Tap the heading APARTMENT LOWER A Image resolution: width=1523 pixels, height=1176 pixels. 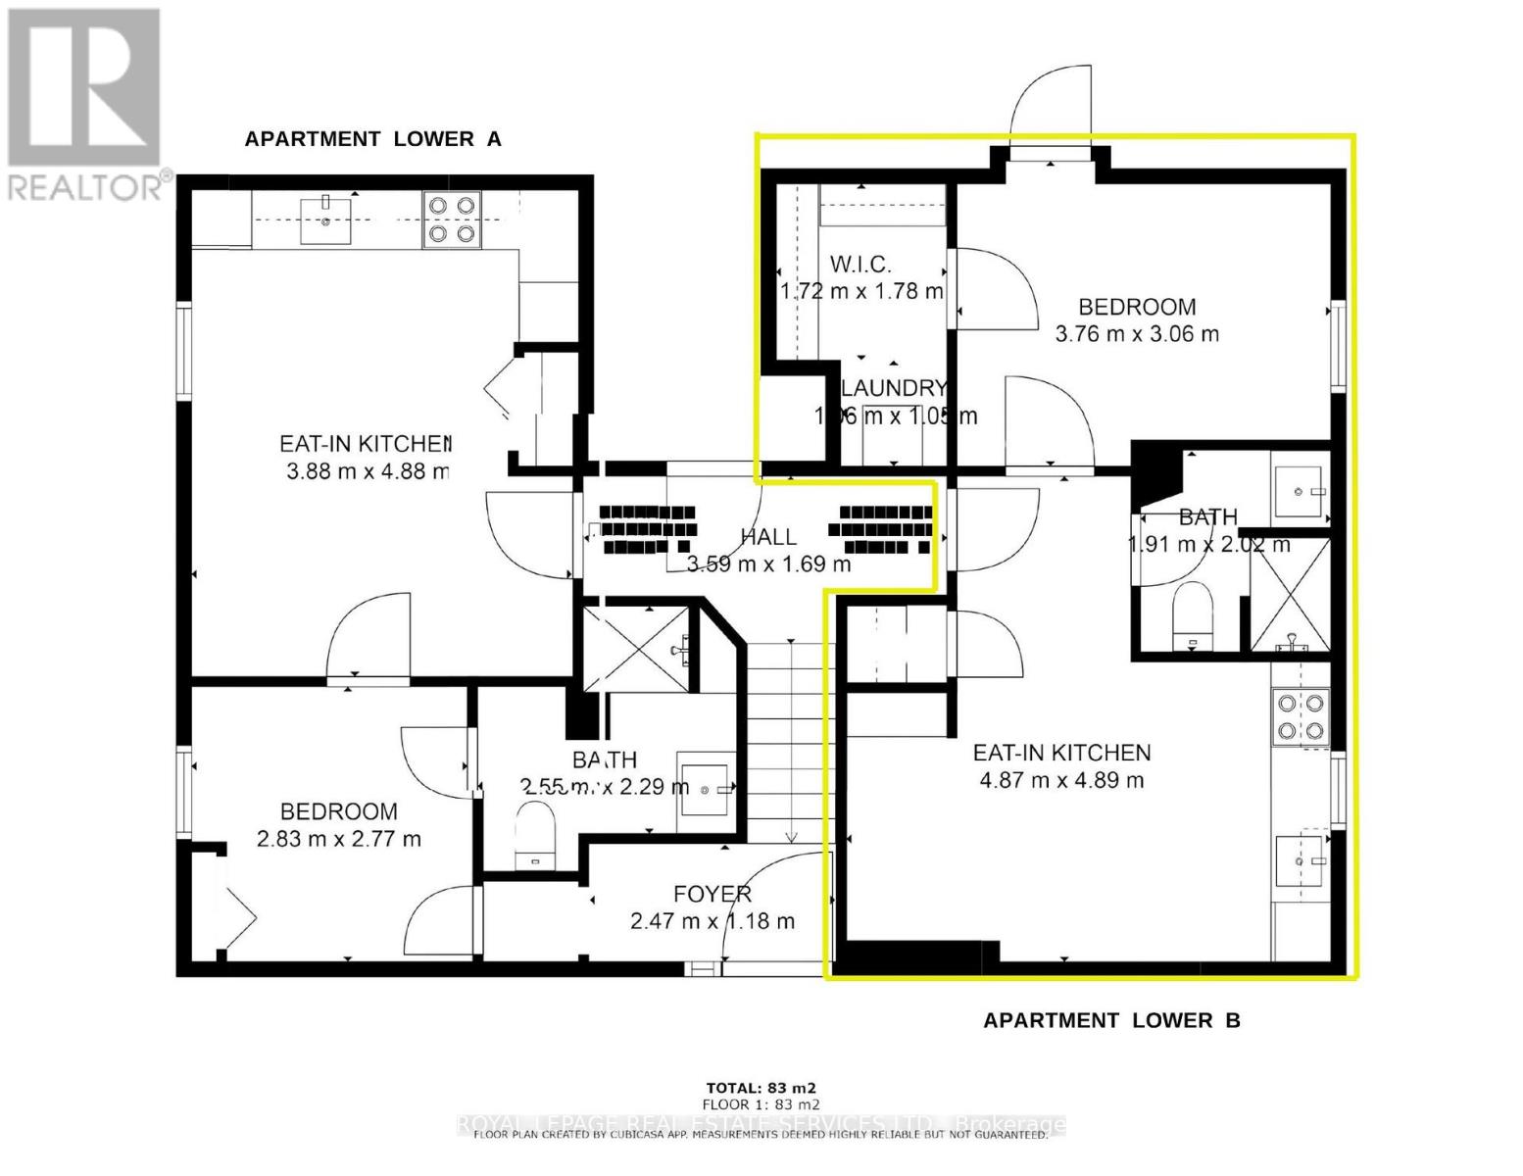(372, 139)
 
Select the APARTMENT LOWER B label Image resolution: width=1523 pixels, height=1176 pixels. (1111, 1021)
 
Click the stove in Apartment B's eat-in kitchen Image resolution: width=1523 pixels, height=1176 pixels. (1300, 717)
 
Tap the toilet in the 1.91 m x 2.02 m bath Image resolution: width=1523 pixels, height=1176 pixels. (1193, 615)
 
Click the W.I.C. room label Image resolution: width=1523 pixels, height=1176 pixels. (860, 264)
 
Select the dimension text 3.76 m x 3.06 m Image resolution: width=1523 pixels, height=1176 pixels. (1137, 334)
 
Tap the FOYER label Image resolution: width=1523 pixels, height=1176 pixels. (712, 894)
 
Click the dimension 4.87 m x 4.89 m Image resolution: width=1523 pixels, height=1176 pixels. (1061, 781)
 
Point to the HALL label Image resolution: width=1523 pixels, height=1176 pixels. (768, 537)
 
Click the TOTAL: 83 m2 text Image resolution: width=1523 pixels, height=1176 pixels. (761, 1088)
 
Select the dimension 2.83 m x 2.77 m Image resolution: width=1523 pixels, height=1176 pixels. (338, 840)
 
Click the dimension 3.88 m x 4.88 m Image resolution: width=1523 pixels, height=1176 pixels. (368, 472)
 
